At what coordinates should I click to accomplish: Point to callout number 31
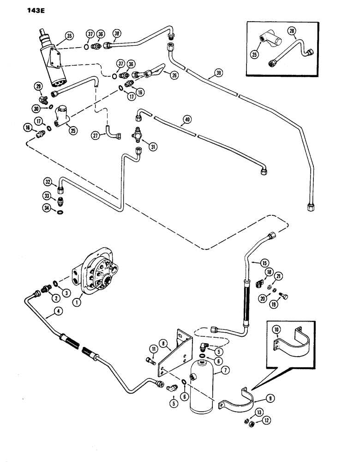coord(151,146)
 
